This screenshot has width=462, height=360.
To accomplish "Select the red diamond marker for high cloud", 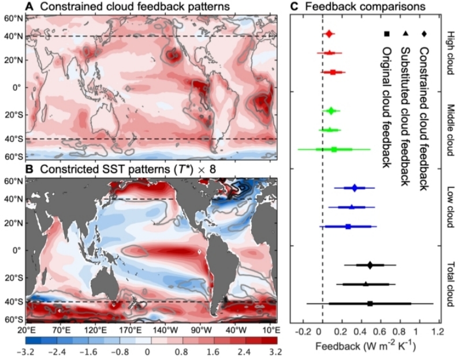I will tap(329, 35).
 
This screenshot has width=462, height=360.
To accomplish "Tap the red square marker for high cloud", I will tap(333, 72).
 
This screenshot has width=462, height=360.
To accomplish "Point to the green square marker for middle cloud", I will tap(334, 149).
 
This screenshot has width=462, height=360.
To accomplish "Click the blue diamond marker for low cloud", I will tap(355, 187).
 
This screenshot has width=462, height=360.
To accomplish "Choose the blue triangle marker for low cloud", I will tap(351, 207).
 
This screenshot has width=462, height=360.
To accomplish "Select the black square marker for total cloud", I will tap(370, 303).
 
